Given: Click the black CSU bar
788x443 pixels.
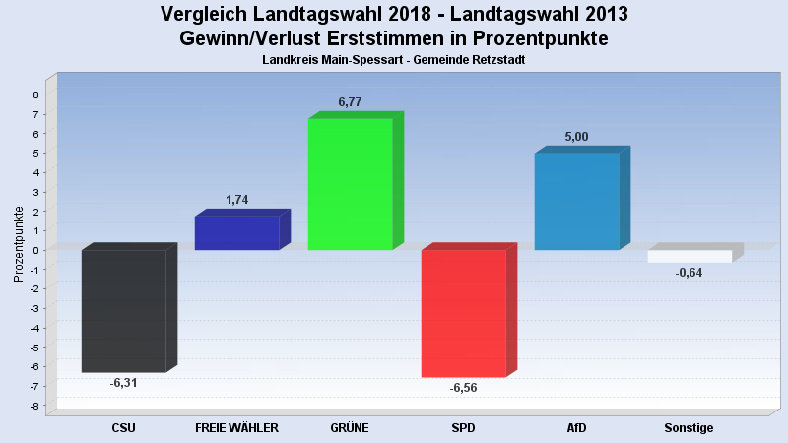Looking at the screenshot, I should coord(123,310).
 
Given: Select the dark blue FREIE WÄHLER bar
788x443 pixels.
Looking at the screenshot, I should coord(236,232).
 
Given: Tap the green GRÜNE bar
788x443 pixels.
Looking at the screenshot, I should coord(350,183).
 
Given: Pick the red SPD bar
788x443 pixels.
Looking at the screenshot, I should coord(463,313).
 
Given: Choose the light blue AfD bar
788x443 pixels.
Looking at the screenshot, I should coord(576,201).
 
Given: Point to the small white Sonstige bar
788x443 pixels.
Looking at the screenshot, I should coord(689,256).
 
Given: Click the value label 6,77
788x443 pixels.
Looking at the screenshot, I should coord(351,101).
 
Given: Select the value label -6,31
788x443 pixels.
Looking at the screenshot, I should coord(123,383).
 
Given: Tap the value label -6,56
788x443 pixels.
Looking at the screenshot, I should coord(463,388).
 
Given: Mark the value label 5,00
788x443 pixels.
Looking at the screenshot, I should coord(576,137).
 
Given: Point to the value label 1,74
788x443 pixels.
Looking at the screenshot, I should coord(236,200).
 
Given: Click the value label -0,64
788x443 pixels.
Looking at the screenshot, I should coord(689,273).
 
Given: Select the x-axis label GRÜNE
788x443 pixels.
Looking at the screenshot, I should coord(350,428).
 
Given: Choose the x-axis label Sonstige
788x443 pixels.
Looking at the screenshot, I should coord(689,428).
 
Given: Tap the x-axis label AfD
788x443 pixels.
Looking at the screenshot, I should coord(576,428).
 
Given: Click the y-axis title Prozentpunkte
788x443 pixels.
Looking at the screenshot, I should coord(19,243).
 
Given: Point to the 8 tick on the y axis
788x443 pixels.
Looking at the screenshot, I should coord(35,95).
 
